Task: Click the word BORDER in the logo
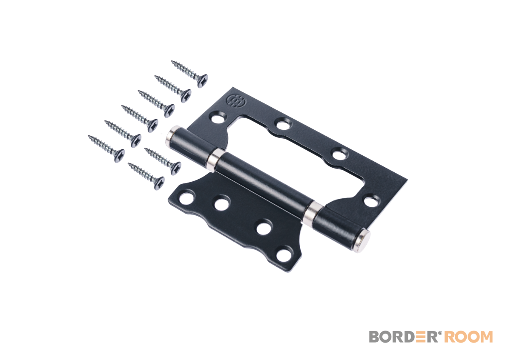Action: (403, 337)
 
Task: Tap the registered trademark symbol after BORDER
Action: (439, 333)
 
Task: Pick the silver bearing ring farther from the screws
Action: (312, 212)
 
